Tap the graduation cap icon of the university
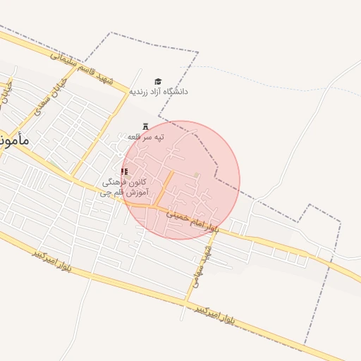pos(158,81)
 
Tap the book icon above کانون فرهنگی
pos(125,171)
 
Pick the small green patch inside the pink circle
pos(197,175)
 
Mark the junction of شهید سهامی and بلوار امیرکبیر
pos(186,303)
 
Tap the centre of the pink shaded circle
pos(180,180)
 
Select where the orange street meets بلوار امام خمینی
pos(151,208)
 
